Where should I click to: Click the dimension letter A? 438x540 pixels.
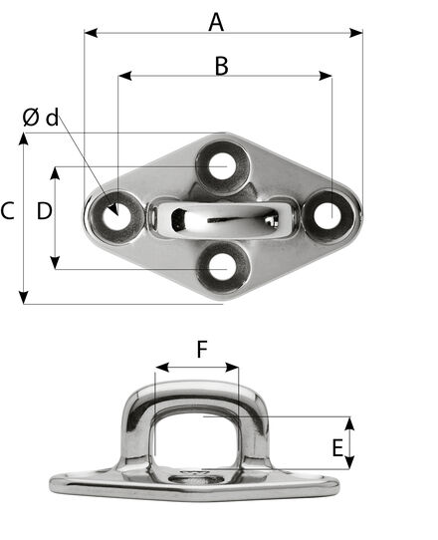216,22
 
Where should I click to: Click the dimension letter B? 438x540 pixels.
221,66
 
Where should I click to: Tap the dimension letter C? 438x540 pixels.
7,211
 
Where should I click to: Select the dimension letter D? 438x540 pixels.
45,211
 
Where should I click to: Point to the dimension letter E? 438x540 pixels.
337,447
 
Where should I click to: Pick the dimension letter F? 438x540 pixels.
202,349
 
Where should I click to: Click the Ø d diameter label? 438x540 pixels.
41,118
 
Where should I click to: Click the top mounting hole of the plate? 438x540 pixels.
223,166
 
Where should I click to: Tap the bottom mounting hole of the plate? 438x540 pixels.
223,268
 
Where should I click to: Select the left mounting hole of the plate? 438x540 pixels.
117,217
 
